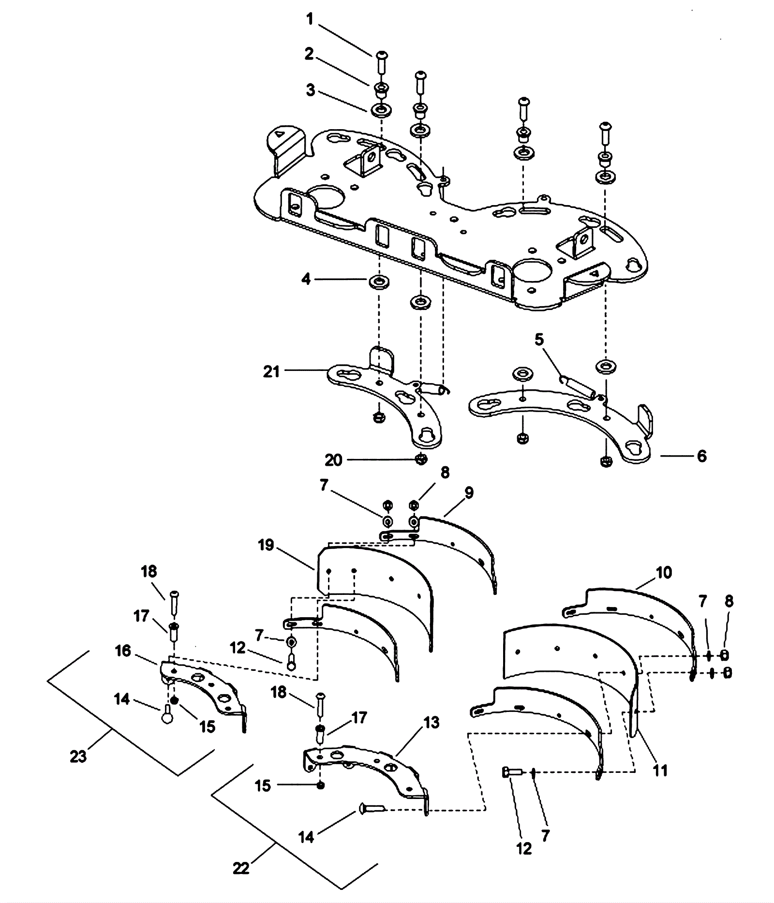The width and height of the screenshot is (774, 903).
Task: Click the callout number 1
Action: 310,19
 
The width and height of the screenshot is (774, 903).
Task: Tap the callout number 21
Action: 272,371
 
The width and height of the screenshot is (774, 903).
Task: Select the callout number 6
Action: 701,456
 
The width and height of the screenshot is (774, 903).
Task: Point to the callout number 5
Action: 539,340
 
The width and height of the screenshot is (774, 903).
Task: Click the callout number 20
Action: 333,460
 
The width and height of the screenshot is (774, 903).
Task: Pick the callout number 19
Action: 266,545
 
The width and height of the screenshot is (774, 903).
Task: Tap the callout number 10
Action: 664,573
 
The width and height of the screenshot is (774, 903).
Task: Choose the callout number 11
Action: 660,770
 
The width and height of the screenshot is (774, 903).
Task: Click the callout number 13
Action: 431,723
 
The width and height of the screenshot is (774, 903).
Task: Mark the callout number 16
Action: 123,651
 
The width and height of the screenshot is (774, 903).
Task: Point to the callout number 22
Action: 241,869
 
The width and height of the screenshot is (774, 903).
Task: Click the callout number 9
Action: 468,493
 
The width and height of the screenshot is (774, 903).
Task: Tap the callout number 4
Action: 306,279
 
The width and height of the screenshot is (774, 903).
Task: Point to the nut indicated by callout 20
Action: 421,459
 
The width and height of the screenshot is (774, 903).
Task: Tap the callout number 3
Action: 310,90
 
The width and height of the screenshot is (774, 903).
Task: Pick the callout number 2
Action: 309,54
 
